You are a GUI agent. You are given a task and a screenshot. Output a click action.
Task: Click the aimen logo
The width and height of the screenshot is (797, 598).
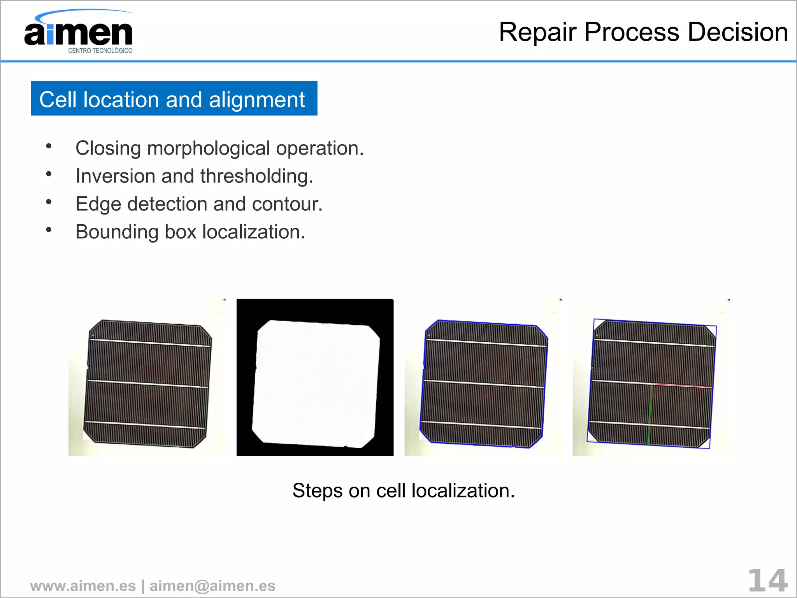tap(78, 33)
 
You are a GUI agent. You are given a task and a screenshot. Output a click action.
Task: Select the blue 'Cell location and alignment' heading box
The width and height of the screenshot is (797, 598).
tap(174, 98)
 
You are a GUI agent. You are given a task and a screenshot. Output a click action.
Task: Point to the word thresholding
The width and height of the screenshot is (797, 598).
tap(256, 176)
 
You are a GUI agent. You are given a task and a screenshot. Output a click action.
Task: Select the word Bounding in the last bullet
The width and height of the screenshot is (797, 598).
tap(117, 232)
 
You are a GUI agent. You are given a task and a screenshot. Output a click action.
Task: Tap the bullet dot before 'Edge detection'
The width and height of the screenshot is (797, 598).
tap(49, 202)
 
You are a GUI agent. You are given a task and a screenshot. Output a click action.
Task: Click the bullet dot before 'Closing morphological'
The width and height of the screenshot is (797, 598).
tap(49, 146)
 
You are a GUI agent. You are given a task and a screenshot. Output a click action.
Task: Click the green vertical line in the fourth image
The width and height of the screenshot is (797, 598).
tap(650, 415)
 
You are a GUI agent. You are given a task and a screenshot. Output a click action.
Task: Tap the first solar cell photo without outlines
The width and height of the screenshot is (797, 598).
tap(147, 383)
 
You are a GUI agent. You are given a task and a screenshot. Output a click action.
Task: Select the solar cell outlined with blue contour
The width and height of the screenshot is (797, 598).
tap(483, 383)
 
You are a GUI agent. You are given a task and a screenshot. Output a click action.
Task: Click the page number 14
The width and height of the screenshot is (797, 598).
tap(767, 581)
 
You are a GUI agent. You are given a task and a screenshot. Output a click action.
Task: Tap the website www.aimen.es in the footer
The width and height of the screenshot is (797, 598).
tap(83, 586)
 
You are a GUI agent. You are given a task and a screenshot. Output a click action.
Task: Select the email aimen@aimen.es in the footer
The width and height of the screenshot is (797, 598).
tap(212, 586)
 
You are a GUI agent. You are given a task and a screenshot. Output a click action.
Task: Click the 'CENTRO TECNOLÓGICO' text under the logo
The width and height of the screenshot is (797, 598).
tap(100, 51)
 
